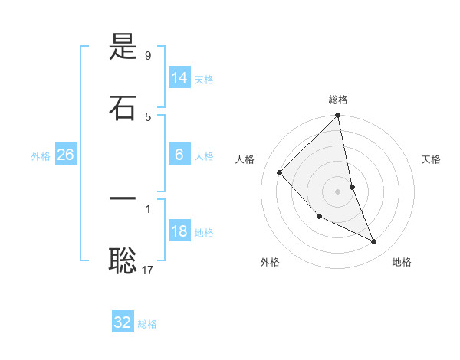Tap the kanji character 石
(123, 107)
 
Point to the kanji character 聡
(123, 260)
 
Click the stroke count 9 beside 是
(148, 55)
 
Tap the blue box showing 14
(179, 78)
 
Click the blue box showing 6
(179, 155)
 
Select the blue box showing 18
(179, 231)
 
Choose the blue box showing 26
(65, 155)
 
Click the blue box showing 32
(123, 322)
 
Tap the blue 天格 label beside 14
(204, 79)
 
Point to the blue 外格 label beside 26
(41, 155)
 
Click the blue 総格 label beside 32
(147, 323)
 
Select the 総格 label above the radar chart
(338, 100)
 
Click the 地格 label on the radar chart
(402, 262)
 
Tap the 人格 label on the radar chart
(245, 159)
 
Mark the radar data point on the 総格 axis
(337, 116)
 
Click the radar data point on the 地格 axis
(374, 241)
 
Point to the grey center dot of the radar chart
(337, 191)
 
